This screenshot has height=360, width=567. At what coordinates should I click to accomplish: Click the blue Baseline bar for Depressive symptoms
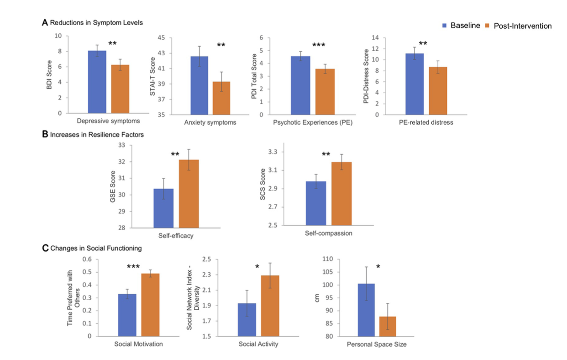97,82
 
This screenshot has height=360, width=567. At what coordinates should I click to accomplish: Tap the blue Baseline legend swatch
446,26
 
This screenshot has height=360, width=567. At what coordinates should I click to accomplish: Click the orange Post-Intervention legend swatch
489,26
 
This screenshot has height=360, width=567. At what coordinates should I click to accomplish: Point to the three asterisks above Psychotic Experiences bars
319,45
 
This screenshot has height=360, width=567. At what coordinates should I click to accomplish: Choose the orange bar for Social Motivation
150,304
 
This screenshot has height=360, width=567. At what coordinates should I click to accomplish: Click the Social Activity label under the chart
258,344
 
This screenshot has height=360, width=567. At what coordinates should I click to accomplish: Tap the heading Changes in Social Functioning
96,248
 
